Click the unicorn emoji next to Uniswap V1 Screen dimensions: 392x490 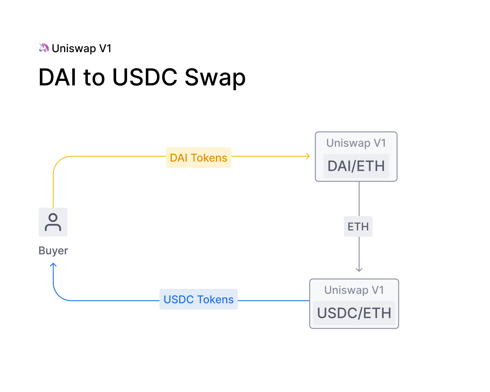(44, 48)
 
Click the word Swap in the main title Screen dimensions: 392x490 (215, 77)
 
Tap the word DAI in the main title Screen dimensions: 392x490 (58, 77)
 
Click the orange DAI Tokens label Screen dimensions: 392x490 (198, 158)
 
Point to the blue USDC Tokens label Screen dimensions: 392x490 (198, 299)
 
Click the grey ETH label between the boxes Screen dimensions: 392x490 (358, 227)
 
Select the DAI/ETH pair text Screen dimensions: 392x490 (356, 166)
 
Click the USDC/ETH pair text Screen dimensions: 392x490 (354, 313)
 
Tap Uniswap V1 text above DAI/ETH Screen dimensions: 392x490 (356, 143)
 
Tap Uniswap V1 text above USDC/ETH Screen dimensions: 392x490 (354, 290)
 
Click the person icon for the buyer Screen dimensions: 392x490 (53, 222)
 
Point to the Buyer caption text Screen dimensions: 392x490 (53, 251)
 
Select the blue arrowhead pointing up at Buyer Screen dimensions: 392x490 (53, 265)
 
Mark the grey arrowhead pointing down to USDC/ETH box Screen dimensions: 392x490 (359, 270)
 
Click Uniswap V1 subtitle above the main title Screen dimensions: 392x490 (81, 48)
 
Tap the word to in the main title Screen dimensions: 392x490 (94, 77)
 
